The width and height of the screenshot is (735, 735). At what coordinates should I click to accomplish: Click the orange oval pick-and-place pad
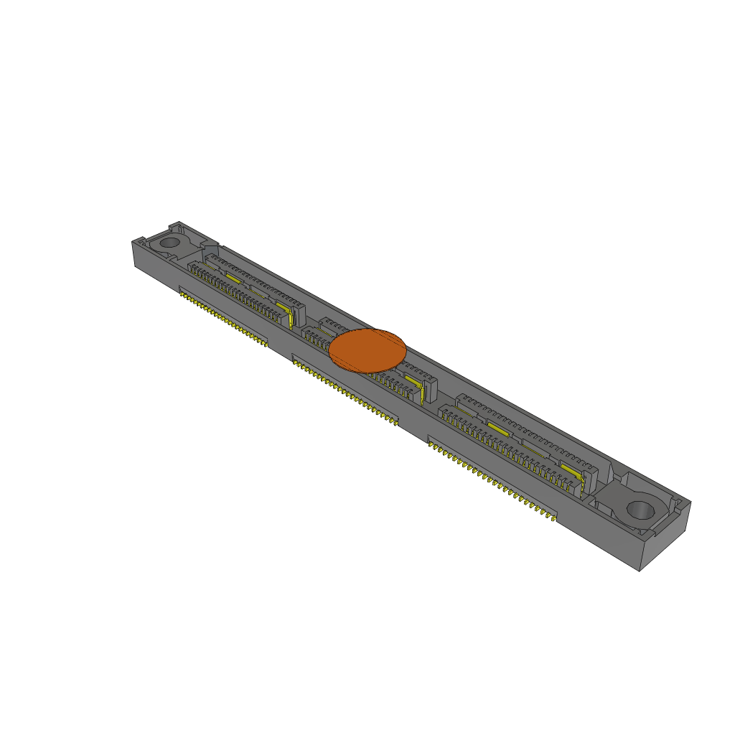(367, 350)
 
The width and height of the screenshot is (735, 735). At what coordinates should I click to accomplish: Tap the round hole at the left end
(169, 242)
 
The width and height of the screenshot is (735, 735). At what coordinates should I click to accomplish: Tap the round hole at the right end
(640, 510)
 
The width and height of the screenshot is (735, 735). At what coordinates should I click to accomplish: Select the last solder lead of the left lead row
(266, 344)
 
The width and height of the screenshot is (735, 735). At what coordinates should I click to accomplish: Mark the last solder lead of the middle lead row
(395, 423)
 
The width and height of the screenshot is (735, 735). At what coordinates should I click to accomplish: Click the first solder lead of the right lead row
(431, 444)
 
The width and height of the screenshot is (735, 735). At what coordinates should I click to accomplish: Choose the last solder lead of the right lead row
(554, 518)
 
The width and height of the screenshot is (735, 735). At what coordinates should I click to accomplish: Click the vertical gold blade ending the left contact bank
(291, 316)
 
